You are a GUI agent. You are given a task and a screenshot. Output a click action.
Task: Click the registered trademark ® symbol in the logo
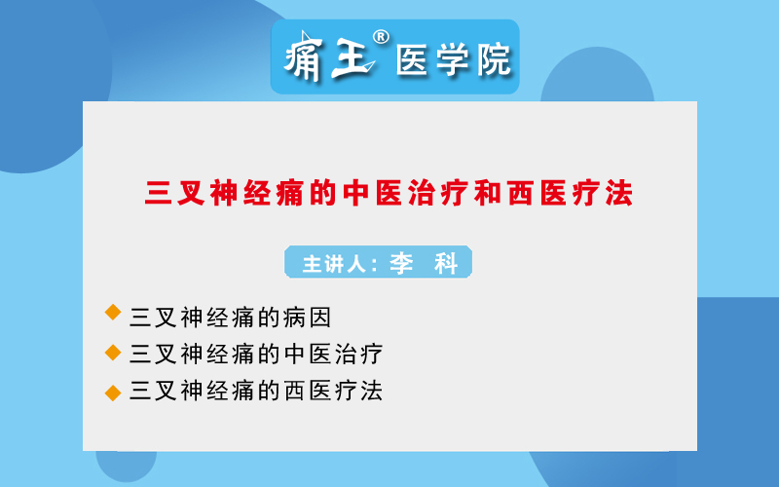click(381, 37)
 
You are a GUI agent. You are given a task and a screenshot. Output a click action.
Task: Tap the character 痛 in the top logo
click(304, 57)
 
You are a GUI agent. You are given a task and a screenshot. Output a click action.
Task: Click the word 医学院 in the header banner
click(453, 60)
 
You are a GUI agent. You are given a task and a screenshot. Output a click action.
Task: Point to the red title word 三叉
click(174, 193)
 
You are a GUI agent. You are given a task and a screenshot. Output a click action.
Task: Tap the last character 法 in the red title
click(618, 193)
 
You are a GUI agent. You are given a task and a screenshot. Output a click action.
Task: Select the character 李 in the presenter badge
click(401, 263)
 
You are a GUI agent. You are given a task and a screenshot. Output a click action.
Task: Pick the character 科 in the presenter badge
click(446, 263)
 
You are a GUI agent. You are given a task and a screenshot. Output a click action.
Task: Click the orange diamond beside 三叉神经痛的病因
click(113, 312)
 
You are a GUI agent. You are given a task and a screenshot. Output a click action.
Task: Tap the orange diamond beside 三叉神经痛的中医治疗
click(113, 353)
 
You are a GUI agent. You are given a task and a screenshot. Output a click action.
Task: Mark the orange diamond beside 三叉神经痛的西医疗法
click(113, 393)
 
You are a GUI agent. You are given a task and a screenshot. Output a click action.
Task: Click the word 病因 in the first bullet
click(307, 318)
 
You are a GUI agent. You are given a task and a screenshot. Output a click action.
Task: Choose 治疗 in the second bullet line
click(358, 354)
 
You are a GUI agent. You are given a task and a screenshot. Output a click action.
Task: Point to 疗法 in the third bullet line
click(358, 391)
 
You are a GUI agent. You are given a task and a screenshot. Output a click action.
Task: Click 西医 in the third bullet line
click(307, 391)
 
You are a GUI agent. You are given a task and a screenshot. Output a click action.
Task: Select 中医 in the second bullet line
click(307, 354)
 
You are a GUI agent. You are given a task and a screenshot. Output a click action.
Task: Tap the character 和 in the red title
click(487, 193)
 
